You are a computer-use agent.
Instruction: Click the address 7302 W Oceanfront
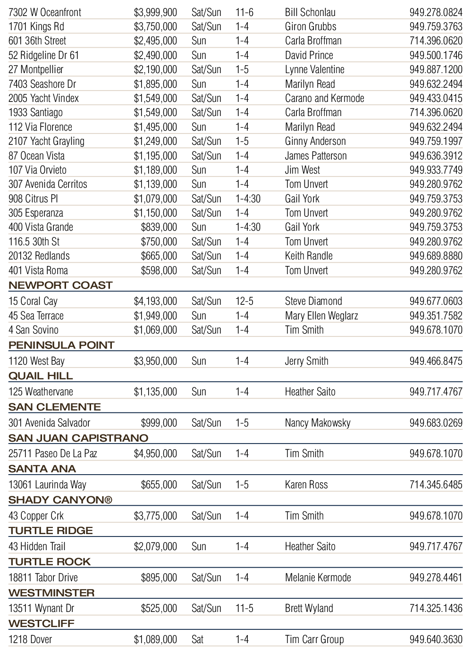(45, 12)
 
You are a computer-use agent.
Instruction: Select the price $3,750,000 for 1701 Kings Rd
(155, 26)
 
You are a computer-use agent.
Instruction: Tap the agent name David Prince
(309, 55)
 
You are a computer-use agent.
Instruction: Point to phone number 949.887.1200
(436, 69)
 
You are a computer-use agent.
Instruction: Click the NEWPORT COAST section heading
(60, 285)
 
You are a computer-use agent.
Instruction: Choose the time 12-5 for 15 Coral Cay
(244, 301)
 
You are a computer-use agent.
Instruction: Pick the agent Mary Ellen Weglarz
(321, 316)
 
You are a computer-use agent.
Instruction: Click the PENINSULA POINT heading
(61, 345)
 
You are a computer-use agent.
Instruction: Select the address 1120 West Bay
(36, 361)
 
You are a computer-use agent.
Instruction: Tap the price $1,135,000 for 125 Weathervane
(155, 392)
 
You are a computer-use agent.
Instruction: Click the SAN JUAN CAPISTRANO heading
(78, 438)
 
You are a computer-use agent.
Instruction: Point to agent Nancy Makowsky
(318, 423)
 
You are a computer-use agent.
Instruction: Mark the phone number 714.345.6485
(436, 485)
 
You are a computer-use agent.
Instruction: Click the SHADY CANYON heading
(60, 500)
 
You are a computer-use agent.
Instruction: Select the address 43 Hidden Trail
(37, 546)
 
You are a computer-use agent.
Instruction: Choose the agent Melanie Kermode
(318, 578)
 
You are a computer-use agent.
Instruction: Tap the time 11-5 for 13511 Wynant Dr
(244, 608)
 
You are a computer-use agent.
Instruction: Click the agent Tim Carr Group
(314, 639)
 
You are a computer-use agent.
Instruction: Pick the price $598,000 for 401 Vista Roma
(159, 270)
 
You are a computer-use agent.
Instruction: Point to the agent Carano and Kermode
(324, 98)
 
